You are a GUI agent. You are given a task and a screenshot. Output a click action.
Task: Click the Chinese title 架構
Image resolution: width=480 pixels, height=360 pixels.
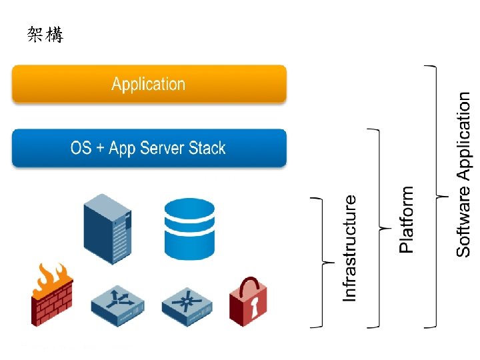click(x=45, y=35)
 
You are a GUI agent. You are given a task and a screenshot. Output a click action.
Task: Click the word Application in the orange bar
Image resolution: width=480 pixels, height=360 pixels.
click(x=148, y=85)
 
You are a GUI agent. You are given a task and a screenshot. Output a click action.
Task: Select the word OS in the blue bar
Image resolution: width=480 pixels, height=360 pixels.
click(x=81, y=148)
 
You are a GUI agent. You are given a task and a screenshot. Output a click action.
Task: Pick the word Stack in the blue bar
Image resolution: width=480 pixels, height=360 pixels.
click(x=207, y=148)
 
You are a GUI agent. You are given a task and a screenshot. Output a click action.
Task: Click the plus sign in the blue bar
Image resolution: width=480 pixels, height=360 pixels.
click(x=100, y=149)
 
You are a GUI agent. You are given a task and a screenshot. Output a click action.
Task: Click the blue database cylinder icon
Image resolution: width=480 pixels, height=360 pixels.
click(x=189, y=228)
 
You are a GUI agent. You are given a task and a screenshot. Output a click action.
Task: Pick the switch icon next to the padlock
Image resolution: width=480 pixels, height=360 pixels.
click(x=185, y=306)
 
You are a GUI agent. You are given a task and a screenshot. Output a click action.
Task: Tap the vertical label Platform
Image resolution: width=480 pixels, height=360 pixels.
click(x=406, y=219)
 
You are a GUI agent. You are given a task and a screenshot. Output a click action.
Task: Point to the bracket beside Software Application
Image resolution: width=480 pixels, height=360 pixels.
click(x=435, y=196)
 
